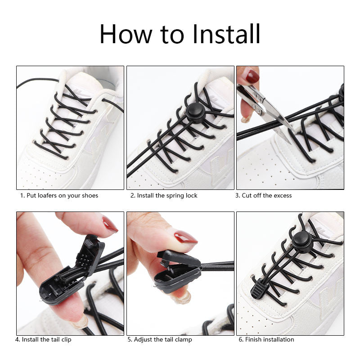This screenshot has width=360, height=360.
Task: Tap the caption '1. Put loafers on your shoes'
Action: (59, 195)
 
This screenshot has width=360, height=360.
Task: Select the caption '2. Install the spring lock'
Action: (164, 195)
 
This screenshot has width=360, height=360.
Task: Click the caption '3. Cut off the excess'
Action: (264, 195)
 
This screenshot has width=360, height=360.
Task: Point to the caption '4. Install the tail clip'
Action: (43, 339)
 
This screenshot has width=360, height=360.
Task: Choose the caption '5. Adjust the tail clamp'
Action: (159, 339)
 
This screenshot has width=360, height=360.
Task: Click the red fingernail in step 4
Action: (110, 224)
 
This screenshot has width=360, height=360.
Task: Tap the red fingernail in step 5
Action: (185, 237)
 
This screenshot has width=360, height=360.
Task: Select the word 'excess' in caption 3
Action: (282, 195)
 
